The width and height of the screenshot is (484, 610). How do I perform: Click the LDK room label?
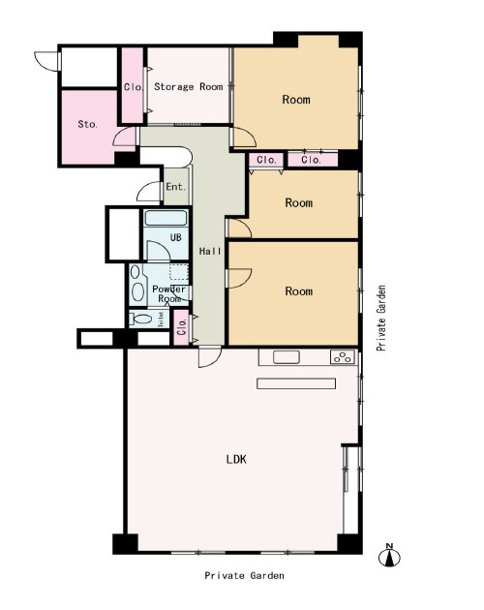pos(236,459)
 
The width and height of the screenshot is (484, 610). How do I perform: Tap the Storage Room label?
pos(189,86)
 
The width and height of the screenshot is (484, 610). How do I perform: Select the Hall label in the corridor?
pos(210,252)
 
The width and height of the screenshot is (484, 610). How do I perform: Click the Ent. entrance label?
pos(176,187)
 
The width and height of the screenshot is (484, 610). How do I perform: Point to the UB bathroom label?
pos(176,237)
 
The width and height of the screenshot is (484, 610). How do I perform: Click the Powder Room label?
pos(168,294)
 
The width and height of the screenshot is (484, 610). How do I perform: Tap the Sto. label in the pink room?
pos(87,124)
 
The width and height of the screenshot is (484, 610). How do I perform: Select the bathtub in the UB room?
pos(166,218)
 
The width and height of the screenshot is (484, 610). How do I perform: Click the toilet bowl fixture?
pos(140,319)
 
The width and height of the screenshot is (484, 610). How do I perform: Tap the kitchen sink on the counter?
pos(286,356)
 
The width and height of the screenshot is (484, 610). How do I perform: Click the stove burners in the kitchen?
pos(343,356)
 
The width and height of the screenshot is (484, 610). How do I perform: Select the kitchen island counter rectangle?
pos(296,383)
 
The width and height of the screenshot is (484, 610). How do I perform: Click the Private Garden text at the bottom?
pos(244,575)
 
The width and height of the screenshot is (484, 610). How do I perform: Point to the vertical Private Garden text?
pos(381,319)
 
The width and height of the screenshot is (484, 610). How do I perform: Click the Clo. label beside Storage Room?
pos(134,87)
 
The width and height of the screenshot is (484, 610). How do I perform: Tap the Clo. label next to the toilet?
pos(181,327)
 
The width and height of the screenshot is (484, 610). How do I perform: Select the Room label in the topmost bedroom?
pos(296,100)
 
